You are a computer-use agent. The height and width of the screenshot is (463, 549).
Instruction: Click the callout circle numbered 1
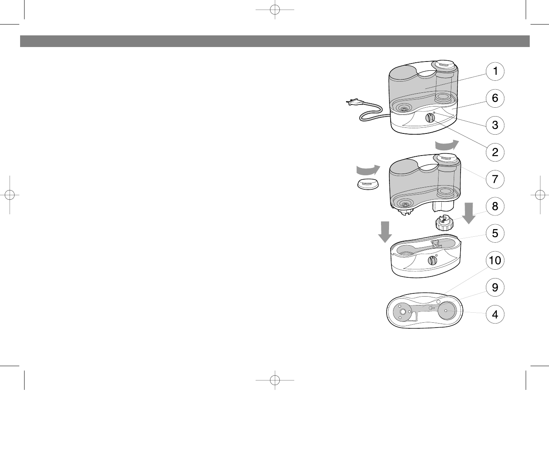point(495,71)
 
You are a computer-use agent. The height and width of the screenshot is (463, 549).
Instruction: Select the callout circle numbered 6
point(495,98)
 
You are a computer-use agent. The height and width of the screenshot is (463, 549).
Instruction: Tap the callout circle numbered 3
point(495,125)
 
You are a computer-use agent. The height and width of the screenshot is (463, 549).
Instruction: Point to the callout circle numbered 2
point(495,152)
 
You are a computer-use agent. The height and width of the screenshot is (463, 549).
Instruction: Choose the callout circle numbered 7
point(495,179)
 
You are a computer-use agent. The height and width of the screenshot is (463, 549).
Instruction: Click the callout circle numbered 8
point(495,207)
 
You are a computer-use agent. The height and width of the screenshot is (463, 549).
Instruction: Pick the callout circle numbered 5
point(495,233)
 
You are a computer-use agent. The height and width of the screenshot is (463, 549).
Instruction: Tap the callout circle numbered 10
point(495,260)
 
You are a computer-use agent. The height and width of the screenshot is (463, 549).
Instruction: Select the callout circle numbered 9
point(495,287)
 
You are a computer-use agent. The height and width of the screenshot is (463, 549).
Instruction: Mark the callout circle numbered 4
point(495,314)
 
